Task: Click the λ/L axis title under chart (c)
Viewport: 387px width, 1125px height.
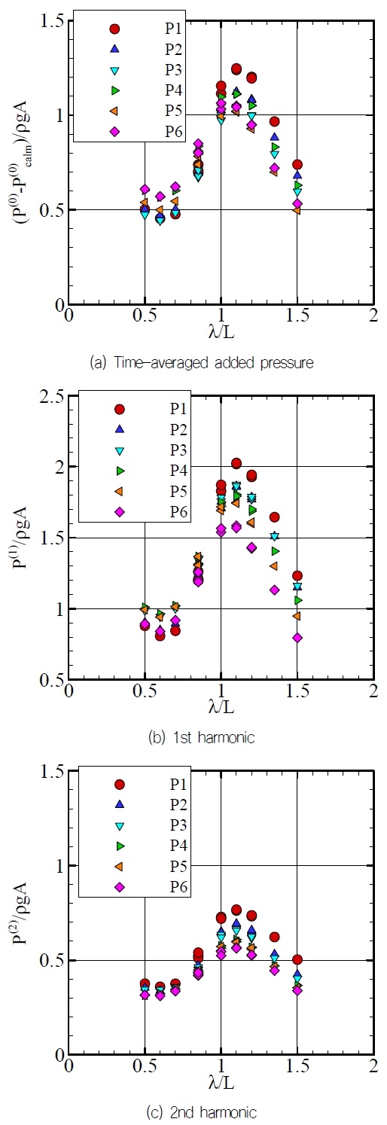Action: pyautogui.click(x=221, y=1081)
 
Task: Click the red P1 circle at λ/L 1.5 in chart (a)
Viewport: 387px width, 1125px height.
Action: pyautogui.click(x=297, y=164)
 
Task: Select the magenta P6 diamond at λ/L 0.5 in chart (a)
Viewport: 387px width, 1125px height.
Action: pyautogui.click(x=145, y=190)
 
